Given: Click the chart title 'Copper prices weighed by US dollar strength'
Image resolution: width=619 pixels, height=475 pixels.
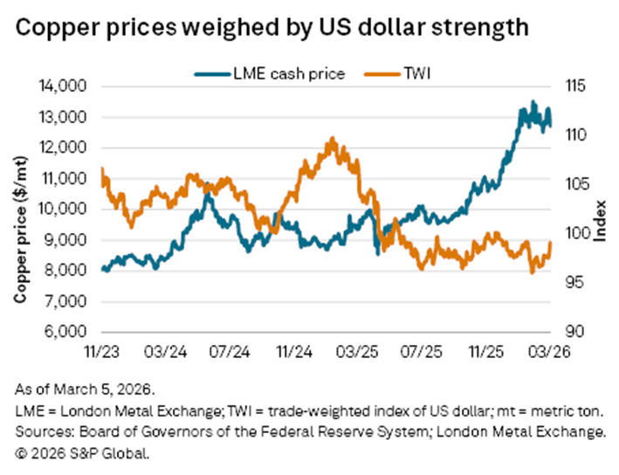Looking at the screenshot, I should tap(271, 27).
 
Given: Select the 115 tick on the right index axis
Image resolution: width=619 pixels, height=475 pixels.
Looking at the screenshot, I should tap(573, 86).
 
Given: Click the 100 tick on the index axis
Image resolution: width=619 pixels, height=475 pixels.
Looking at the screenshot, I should tap(573, 234).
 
